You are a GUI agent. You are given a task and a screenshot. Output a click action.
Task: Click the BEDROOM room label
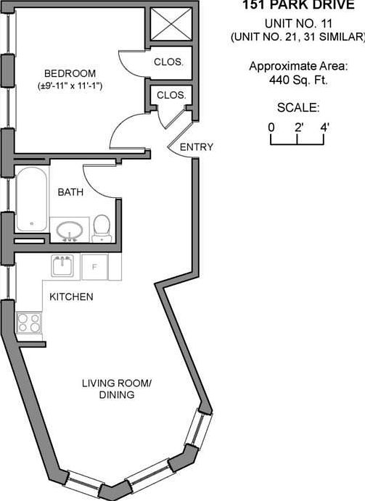coord(70,73)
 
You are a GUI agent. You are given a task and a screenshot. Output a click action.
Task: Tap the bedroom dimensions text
coord(70,86)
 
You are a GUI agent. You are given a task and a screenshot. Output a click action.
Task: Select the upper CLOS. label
coord(168,62)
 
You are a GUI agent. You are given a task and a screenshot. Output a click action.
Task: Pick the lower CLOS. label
coord(171,95)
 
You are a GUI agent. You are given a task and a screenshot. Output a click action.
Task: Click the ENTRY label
coord(197,147)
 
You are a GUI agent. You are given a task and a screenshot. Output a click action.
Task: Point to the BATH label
coord(70,192)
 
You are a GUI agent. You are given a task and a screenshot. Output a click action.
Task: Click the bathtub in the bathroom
coord(31,199)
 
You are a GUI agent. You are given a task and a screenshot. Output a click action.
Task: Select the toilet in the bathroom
coord(102,228)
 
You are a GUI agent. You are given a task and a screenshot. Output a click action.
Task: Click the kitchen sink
coord(62,265)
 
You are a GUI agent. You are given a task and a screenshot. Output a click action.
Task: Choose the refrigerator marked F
coord(94,267)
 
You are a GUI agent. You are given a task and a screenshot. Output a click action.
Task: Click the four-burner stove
coord(29,323)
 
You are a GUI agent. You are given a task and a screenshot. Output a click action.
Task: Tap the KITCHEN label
coord(71,297)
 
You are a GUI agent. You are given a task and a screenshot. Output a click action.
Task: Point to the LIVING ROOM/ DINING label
coord(117,389)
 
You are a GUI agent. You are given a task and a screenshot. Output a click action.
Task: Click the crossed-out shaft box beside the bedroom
coord(171,24)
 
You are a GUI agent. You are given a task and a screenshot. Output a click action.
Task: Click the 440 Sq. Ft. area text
coord(298,80)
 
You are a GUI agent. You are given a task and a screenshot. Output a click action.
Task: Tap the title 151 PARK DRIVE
coord(298,4)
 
